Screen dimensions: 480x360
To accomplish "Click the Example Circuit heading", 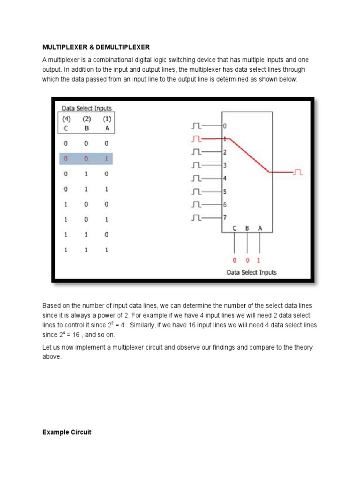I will point(67,432).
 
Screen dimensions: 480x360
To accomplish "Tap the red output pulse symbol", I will point(298,172).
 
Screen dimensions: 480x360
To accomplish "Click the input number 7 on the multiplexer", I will point(225,217).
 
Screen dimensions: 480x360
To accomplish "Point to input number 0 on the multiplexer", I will point(225,126).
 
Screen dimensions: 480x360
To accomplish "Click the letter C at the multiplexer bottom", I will point(235,228).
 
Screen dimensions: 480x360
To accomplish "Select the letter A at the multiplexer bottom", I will point(259,228).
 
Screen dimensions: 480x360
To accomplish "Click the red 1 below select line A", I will point(259,260).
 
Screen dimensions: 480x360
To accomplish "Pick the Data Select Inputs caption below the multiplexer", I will point(252,272).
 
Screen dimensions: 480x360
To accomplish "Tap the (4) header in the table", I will point(66,119).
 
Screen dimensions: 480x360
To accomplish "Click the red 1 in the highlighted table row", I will point(106,159).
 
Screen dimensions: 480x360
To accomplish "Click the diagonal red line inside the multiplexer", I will point(248,156).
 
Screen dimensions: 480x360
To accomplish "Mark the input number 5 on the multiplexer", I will point(225,192).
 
